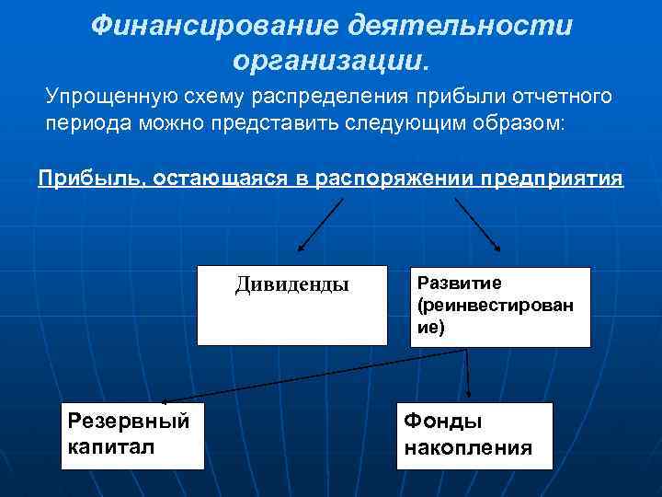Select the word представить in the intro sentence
(276, 124)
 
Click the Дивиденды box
(291, 306)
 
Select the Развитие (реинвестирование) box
(500, 306)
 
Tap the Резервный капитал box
(131, 435)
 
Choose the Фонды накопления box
(474, 435)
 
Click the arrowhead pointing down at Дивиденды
(301, 248)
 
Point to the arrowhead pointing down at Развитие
(496, 247)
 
